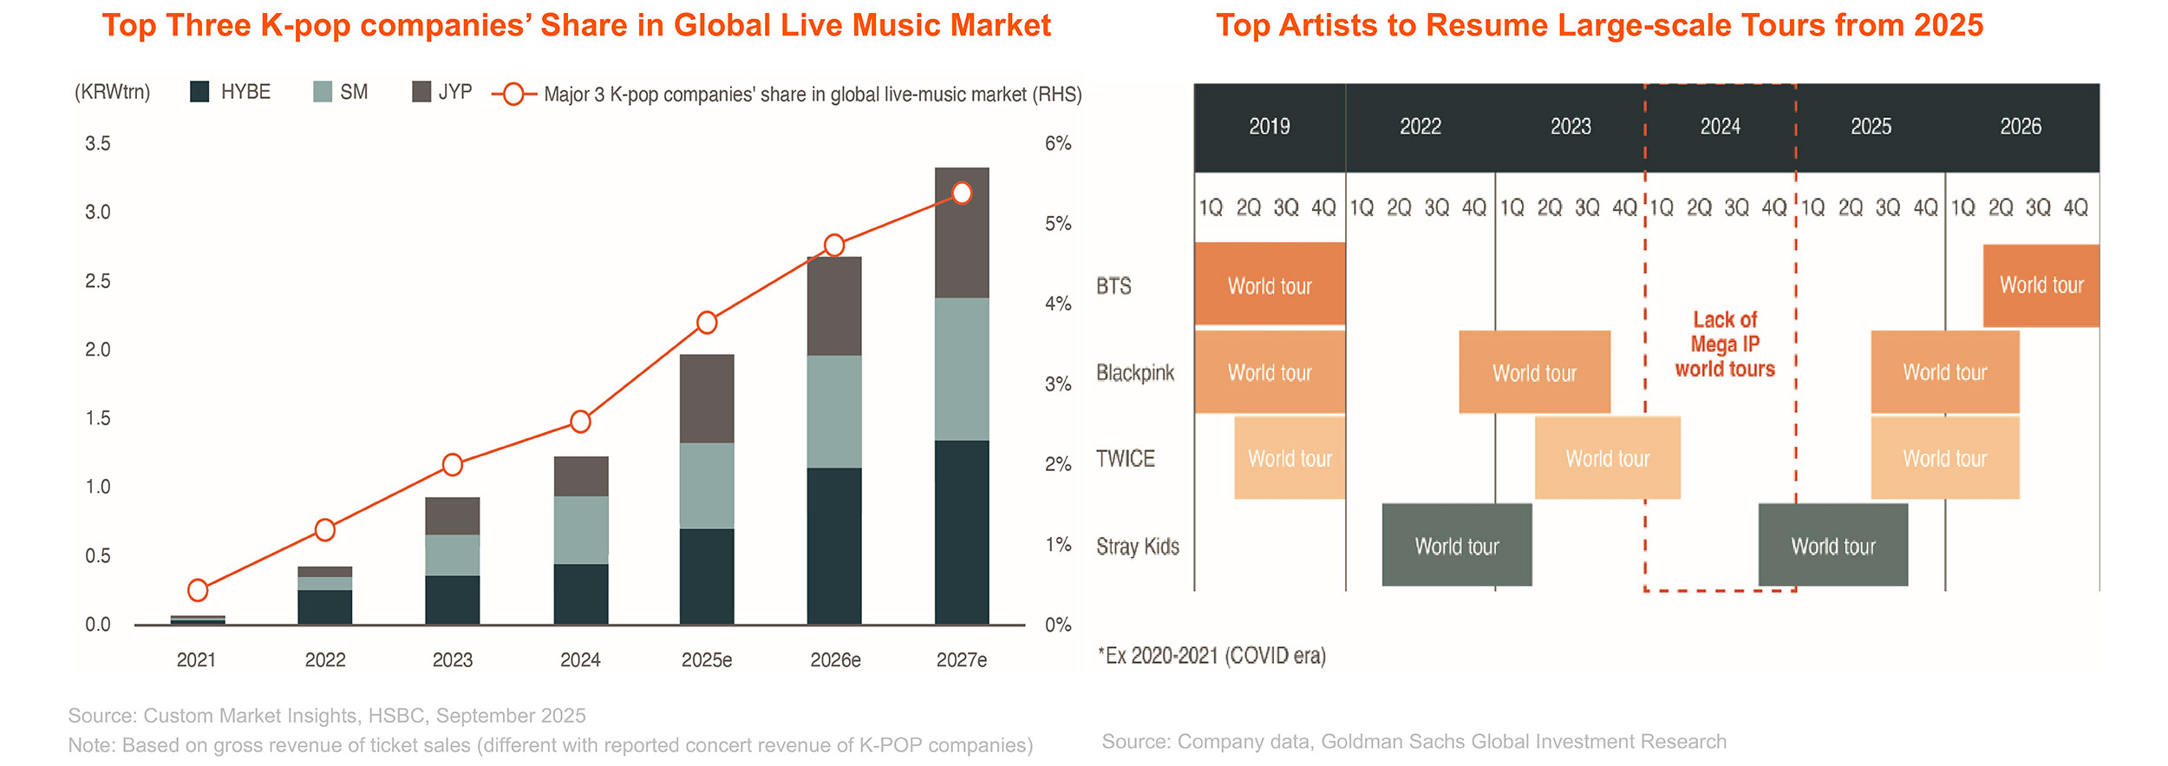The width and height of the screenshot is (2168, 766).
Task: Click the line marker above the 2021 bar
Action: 198,590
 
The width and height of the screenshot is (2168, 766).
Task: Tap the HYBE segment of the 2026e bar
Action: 834,546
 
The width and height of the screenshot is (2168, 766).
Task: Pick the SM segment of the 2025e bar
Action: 707,486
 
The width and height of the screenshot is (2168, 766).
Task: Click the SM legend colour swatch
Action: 323,92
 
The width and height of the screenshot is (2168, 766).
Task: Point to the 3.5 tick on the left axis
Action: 97,144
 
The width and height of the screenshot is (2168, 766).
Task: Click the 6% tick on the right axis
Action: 1058,144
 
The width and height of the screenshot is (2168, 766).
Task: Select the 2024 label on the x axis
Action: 580,660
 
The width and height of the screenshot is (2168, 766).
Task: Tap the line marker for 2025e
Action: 707,323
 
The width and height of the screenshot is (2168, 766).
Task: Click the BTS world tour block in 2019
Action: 1270,285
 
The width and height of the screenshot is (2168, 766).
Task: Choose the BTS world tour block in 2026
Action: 2041,285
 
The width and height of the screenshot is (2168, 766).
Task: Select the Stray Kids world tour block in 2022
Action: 1457,546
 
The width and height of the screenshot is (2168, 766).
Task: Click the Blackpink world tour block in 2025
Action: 1944,372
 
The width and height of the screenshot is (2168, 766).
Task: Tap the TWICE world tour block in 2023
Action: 1607,458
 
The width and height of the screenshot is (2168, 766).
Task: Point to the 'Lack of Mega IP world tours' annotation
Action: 1725,344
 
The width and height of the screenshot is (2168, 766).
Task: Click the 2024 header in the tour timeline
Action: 1721,127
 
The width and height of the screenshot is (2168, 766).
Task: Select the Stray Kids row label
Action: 1137,547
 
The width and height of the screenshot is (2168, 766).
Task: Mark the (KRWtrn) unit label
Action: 112,93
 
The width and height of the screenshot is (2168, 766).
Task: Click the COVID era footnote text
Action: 1211,656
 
